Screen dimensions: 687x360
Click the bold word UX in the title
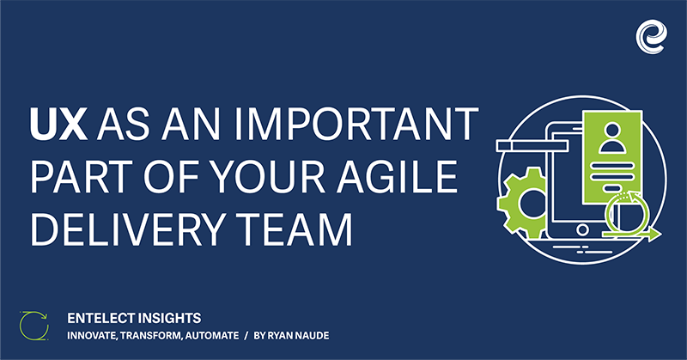pyautogui.click(x=58, y=124)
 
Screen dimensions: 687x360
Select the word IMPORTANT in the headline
pyautogui.click(x=356, y=124)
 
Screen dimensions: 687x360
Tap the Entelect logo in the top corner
pyautogui.click(x=652, y=37)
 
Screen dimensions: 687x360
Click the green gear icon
pyautogui.click(x=522, y=203)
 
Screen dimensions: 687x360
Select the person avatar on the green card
pyautogui.click(x=612, y=137)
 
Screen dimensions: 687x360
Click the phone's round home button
pyautogui.click(x=582, y=229)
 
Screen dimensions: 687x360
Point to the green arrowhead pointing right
pyautogui.click(x=654, y=235)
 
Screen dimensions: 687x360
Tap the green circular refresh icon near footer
pyautogui.click(x=34, y=326)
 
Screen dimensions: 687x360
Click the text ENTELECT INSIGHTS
pyautogui.click(x=134, y=318)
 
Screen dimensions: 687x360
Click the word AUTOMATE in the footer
pyautogui.click(x=212, y=336)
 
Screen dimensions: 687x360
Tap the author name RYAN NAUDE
pyautogui.click(x=298, y=336)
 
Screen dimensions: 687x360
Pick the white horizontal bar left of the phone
pyautogui.click(x=532, y=146)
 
